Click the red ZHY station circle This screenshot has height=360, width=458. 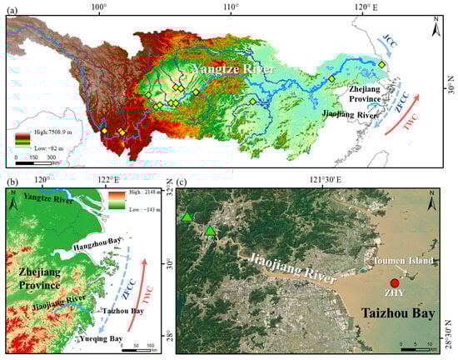point(395,283)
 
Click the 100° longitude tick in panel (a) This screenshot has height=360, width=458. point(100,7)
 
